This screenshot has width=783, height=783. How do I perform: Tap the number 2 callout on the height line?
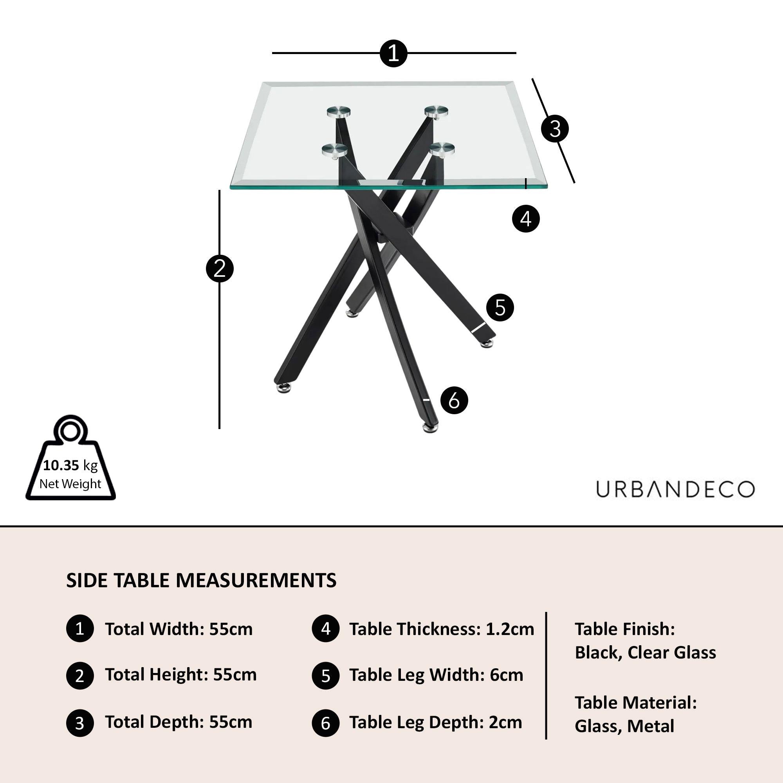[220, 268]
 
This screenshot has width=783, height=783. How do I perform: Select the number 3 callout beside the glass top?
[555, 129]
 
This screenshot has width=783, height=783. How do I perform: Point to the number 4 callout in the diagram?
[526, 219]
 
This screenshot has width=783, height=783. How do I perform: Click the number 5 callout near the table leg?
[500, 308]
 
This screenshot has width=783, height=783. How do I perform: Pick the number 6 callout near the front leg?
[454, 401]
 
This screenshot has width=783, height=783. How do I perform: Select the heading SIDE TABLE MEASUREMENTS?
[201, 580]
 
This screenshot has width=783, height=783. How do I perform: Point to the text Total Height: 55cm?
[181, 675]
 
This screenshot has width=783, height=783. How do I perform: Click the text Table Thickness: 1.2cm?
[442, 629]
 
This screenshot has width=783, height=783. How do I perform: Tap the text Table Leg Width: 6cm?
[436, 675]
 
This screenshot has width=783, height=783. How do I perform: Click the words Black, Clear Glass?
[645, 652]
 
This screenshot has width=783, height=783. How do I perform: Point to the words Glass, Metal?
[624, 726]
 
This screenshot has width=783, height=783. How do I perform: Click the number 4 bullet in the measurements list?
[325, 629]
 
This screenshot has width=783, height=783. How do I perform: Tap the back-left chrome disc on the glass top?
[339, 112]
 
